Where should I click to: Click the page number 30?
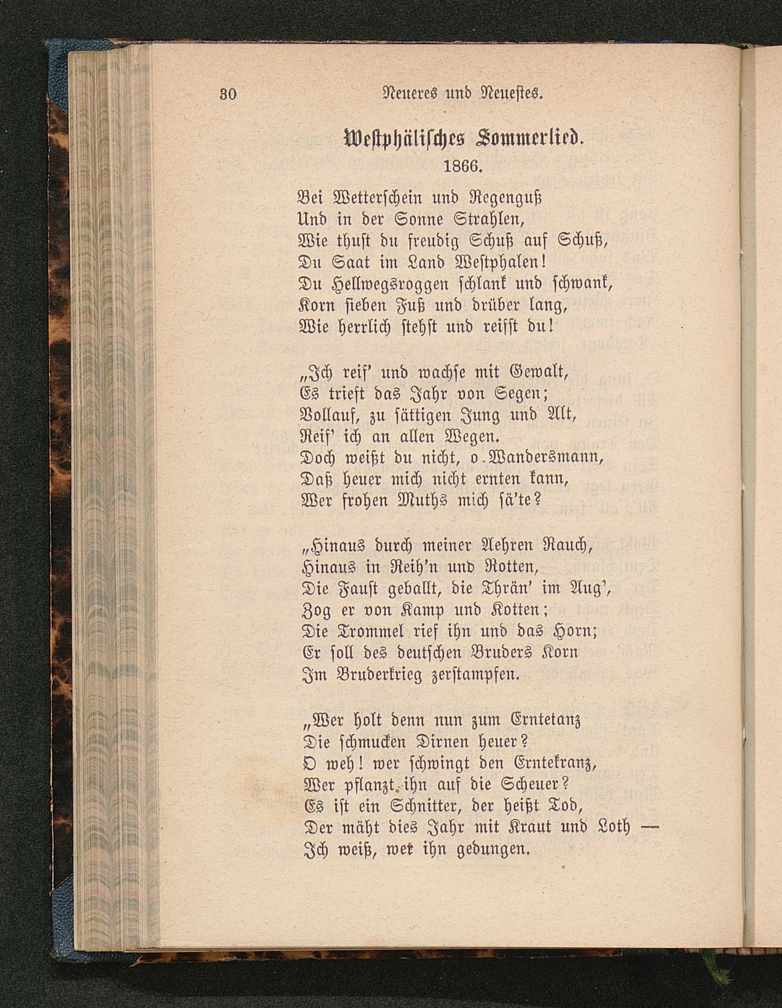pyautogui.click(x=228, y=94)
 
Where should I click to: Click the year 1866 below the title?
pyautogui.click(x=462, y=166)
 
